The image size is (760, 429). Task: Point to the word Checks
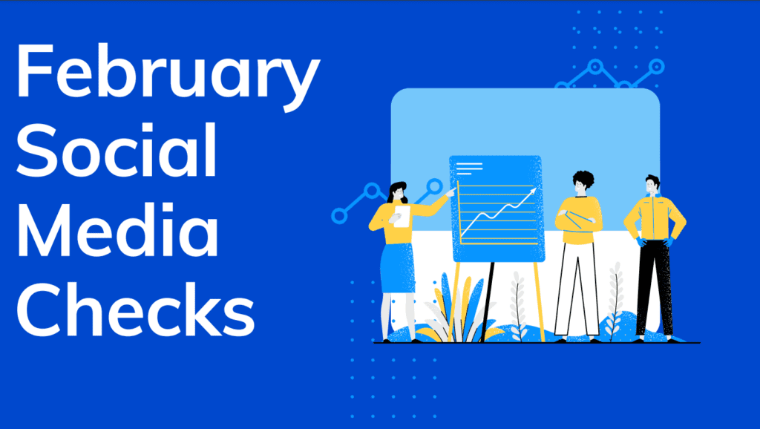(136, 309)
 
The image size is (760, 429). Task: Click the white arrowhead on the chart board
(533, 191)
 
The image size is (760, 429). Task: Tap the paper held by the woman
(402, 216)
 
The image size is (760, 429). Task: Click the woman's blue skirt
(397, 268)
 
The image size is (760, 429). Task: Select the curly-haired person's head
(583, 183)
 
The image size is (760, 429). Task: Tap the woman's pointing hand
(451, 192)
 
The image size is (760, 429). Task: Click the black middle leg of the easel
(487, 301)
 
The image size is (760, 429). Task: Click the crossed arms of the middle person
(579, 219)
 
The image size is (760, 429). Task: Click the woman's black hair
(396, 191)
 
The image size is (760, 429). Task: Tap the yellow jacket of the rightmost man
(655, 217)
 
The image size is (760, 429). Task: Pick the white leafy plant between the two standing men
(615, 301)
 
